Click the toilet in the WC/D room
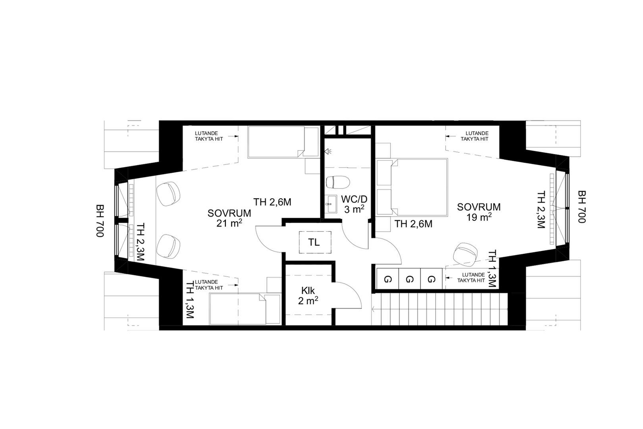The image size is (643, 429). click(x=338, y=182)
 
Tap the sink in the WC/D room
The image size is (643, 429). click(x=331, y=204)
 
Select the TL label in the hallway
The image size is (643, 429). click(x=314, y=243)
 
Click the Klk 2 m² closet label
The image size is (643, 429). click(x=308, y=295)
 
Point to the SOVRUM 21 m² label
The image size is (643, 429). click(x=229, y=218)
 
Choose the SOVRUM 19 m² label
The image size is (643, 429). click(x=479, y=212)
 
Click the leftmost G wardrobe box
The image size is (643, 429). click(x=387, y=279)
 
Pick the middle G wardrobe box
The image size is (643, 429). click(x=410, y=279)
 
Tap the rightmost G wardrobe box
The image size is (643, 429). click(x=431, y=279)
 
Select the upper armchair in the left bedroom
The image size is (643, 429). click(x=168, y=194)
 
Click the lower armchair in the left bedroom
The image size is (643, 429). click(x=168, y=246)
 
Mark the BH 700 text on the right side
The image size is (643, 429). click(x=581, y=207)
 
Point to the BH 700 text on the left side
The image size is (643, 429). click(x=100, y=220)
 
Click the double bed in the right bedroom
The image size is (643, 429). click(x=412, y=187)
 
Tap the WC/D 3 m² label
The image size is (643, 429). click(x=354, y=204)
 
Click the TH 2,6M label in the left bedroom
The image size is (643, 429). click(x=272, y=202)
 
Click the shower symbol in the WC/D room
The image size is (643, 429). click(x=328, y=151)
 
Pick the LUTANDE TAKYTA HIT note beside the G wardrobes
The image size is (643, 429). click(x=471, y=278)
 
